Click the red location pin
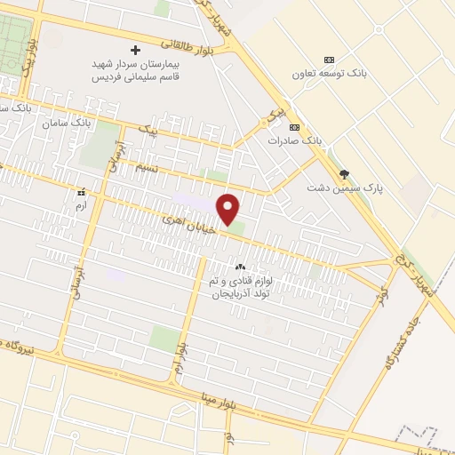[x=229, y=208]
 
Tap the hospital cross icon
[x=135, y=50]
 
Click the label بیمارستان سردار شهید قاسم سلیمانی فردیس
[x=137, y=70]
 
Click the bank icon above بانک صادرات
[x=294, y=126]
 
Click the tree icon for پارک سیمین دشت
[x=344, y=173]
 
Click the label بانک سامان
[x=67, y=122]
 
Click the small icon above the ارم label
[x=82, y=191]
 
